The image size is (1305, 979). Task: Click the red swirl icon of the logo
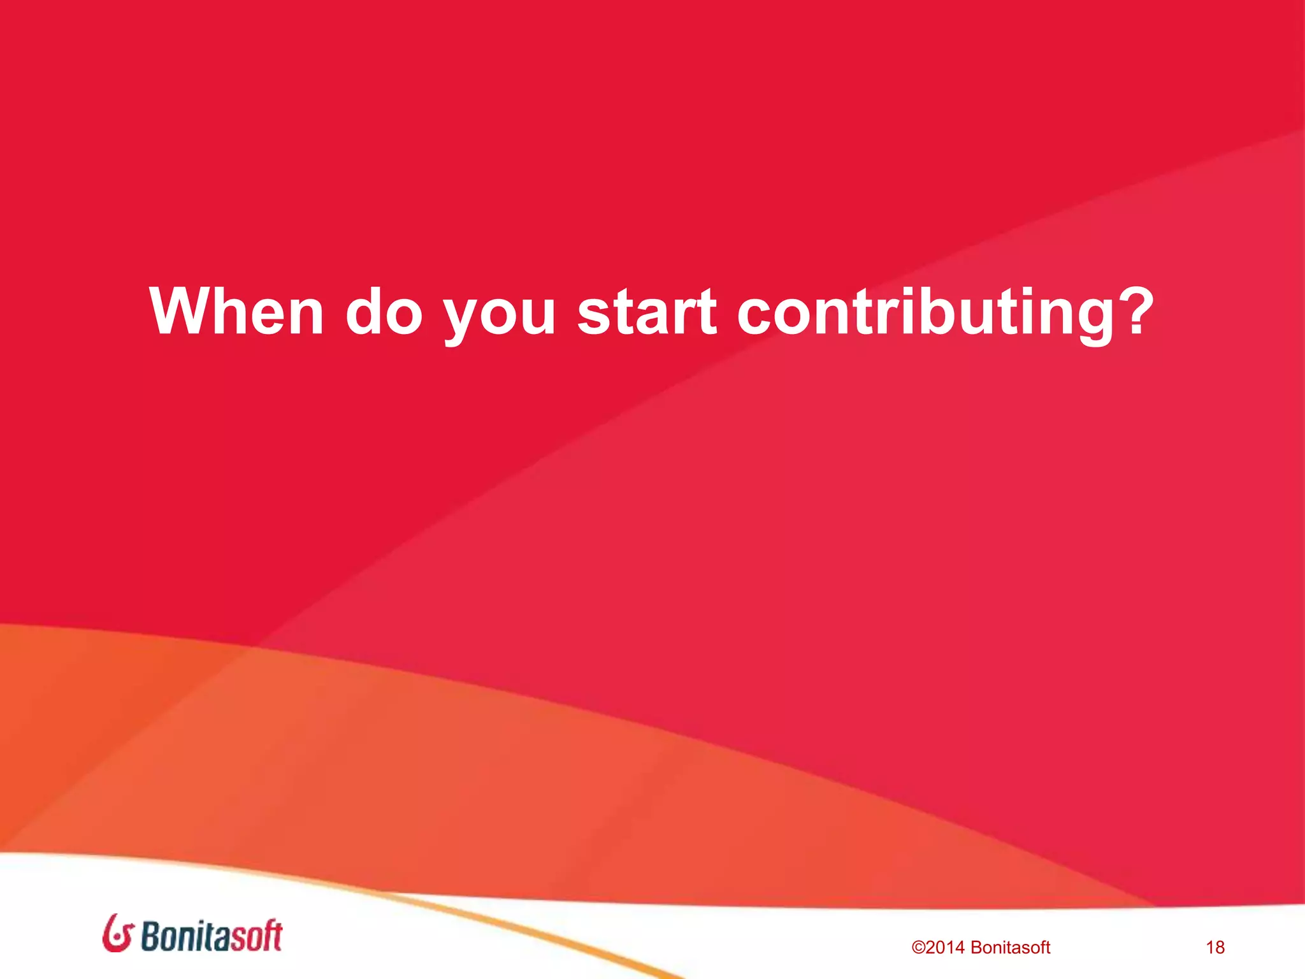click(117, 934)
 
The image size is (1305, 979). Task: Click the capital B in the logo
click(151, 936)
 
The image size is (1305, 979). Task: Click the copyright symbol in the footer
click(918, 948)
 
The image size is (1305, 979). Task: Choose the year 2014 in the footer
click(945, 948)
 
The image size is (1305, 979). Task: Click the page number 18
click(1215, 948)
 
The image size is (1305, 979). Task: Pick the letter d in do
click(365, 310)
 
